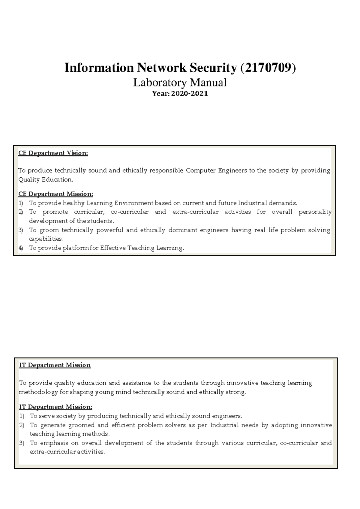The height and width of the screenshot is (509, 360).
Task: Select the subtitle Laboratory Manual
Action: (180, 82)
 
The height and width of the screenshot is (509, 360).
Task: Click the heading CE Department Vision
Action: (53, 153)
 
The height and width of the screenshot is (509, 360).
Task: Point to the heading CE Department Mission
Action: (56, 194)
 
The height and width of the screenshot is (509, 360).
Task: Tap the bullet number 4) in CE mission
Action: (20, 248)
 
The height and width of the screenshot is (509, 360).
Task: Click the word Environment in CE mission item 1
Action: (134, 203)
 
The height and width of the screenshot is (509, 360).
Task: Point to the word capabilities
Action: (46, 239)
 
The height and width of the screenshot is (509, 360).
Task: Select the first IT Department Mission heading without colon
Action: (55, 365)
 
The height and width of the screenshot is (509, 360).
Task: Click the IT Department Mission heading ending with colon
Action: (56, 407)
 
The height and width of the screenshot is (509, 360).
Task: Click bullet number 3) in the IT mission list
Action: (21, 443)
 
